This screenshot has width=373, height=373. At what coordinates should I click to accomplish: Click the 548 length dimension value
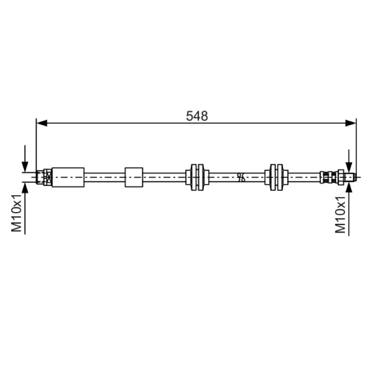click(x=197, y=116)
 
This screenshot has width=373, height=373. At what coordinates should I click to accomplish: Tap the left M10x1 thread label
click(x=17, y=213)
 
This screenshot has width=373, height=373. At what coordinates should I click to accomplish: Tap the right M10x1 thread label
click(x=340, y=214)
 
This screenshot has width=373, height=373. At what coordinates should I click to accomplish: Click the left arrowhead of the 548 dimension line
click(x=42, y=123)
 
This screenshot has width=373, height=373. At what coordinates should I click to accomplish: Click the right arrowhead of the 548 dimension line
click(x=351, y=123)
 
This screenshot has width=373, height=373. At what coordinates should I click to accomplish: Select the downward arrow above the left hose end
click(x=25, y=159)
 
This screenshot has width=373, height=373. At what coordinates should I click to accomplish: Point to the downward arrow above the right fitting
click(x=349, y=161)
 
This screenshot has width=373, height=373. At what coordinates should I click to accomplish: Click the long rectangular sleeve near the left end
click(x=68, y=177)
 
